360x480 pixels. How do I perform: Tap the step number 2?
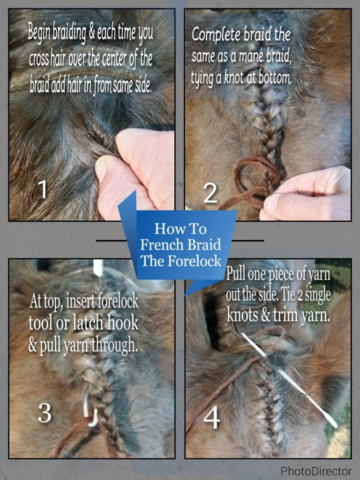pyautogui.click(x=210, y=194)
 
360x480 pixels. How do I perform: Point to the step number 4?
pyautogui.click(x=211, y=418)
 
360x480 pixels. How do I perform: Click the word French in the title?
pyautogui.click(x=161, y=245)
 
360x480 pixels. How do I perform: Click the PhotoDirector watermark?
pyautogui.click(x=316, y=470)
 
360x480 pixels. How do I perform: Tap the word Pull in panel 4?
pyautogui.click(x=237, y=274)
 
